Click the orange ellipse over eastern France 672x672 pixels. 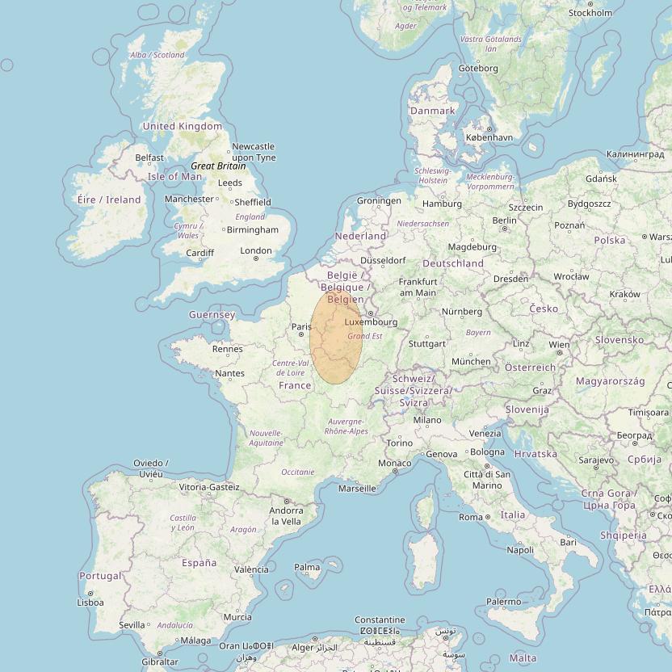(336, 336)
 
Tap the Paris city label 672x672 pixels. (301, 327)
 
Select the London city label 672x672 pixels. (256, 251)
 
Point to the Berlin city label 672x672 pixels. (504, 220)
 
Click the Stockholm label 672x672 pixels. (590, 13)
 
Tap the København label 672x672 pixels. (489, 137)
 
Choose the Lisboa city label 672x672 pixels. (90, 603)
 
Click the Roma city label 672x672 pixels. (470, 517)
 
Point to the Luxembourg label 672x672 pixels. (371, 322)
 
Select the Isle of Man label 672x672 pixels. (175, 176)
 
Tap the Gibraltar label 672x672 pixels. (159, 661)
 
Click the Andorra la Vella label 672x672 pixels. (286, 516)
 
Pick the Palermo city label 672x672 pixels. (503, 602)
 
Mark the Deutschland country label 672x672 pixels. (453, 263)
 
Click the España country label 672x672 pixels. (199, 563)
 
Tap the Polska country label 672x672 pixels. (610, 240)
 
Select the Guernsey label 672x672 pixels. (212, 314)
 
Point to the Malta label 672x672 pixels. (523, 658)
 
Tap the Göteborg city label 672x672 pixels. (478, 69)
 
